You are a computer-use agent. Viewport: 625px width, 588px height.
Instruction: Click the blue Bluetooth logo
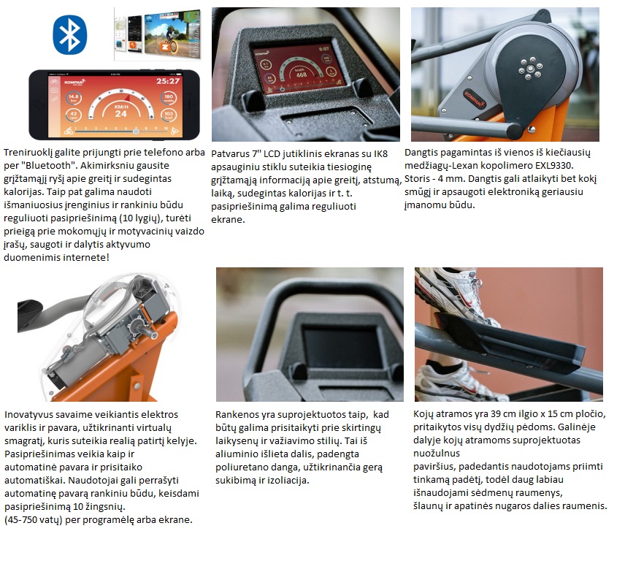click(x=70, y=34)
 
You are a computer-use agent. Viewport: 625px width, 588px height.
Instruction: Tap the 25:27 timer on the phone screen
click(x=168, y=81)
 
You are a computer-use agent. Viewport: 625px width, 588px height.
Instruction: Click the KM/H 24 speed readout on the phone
click(x=120, y=111)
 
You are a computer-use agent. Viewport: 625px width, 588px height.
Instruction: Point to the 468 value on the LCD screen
click(x=302, y=75)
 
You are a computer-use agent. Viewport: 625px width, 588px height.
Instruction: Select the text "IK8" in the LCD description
click(x=380, y=154)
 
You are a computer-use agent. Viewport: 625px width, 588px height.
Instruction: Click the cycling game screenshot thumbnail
click(x=172, y=33)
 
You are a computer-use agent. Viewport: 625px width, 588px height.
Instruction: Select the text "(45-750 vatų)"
click(x=34, y=520)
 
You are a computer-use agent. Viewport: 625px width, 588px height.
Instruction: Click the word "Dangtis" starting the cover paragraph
click(x=421, y=153)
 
